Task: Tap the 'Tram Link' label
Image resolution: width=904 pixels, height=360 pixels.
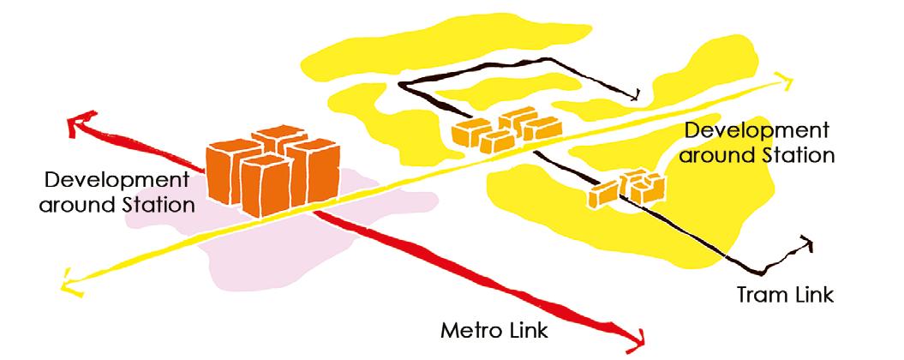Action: (x=785, y=294)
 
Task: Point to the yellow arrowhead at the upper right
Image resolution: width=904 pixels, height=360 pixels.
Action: (x=782, y=80)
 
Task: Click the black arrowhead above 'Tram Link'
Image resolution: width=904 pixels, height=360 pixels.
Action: (x=805, y=243)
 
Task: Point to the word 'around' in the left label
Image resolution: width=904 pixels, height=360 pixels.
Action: (x=73, y=205)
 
